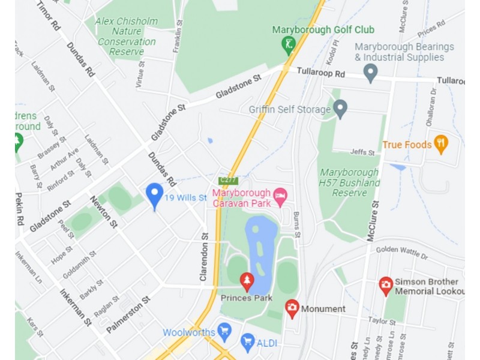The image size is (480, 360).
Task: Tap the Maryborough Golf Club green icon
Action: coord(288,44)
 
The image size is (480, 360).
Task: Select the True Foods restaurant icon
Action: coord(441,144)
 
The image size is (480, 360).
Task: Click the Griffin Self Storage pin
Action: coord(340,109)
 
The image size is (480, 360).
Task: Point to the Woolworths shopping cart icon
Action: coord(224,331)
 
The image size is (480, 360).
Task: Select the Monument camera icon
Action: coord(292,308)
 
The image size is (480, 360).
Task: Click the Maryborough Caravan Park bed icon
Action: coord(280,196)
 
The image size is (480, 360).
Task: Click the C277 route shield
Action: coord(228,180)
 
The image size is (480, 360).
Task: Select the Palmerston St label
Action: coord(128,314)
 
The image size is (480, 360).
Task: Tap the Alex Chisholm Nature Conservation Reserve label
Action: coord(127,37)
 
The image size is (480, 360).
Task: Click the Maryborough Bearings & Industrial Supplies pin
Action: coord(370,73)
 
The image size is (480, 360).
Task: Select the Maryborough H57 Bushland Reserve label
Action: coord(350,182)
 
